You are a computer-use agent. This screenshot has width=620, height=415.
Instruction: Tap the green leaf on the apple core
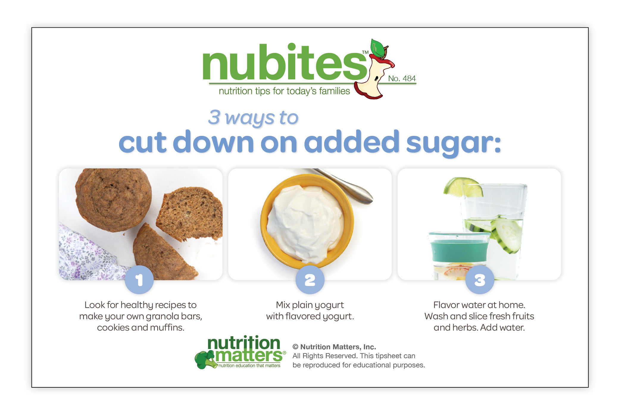(377, 48)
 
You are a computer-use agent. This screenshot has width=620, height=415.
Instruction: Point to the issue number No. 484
(402, 78)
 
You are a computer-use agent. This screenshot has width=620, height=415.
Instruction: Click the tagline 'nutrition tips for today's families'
(284, 91)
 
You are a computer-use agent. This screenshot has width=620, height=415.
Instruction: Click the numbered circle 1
(139, 280)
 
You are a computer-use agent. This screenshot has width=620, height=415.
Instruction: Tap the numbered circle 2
(310, 280)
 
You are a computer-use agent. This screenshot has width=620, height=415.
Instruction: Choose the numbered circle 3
(480, 280)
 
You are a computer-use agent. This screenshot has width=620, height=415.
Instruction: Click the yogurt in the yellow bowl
(305, 223)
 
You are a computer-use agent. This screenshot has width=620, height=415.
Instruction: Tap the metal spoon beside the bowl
(342, 186)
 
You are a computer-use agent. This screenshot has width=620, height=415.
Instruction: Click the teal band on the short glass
(459, 251)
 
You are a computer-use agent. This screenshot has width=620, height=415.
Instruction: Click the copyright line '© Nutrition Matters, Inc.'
(334, 347)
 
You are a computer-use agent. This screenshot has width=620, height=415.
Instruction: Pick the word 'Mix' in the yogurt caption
(283, 305)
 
